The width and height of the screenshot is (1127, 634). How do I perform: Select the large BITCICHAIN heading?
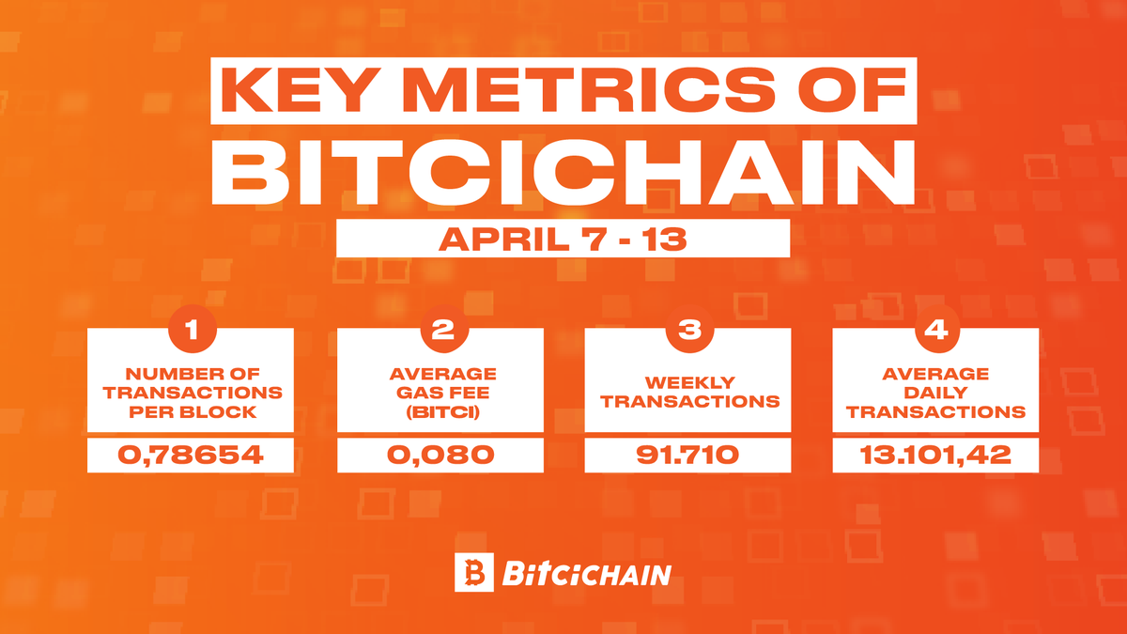click(x=562, y=174)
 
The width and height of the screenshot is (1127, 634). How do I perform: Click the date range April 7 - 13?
click(x=562, y=239)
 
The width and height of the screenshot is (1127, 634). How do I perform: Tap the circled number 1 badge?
click(x=191, y=331)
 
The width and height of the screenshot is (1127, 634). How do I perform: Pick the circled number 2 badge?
click(x=440, y=331)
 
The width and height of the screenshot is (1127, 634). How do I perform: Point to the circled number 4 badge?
click(x=935, y=331)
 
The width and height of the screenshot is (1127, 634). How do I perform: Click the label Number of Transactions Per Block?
click(x=191, y=392)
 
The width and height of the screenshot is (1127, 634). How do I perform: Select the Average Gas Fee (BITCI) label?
click(x=440, y=392)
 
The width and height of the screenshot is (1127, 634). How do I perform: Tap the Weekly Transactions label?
click(x=689, y=392)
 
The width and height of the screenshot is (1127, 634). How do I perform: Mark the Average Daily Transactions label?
click(x=935, y=393)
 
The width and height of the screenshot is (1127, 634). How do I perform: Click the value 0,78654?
click(x=191, y=456)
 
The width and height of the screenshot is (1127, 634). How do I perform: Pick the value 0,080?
click(x=440, y=456)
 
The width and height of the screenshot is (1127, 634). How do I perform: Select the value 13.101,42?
click(x=935, y=456)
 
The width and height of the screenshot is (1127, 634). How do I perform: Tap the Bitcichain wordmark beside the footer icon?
click(x=586, y=573)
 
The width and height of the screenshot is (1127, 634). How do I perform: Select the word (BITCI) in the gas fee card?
click(x=440, y=410)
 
